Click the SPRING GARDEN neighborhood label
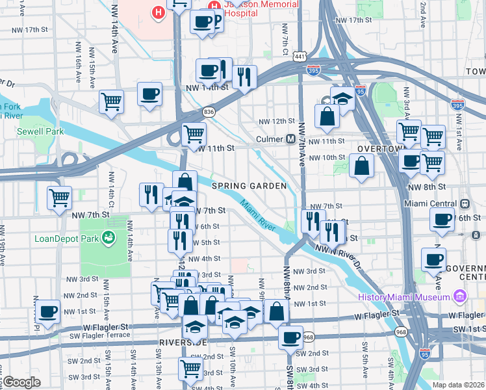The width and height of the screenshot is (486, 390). coord(249,186)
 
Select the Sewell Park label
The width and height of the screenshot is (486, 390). coord(41,131)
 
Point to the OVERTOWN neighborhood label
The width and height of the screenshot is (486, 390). coord(376,148)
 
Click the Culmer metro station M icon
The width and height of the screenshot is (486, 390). coord(292,139)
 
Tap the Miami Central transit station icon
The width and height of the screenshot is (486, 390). coord(465,203)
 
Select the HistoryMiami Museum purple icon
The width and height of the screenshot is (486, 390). coord(460,297)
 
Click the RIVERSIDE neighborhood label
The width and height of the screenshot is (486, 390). coord(183,342)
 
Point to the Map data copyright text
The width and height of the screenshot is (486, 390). coord(459,385)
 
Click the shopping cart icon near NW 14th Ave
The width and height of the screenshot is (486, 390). coord(111,101)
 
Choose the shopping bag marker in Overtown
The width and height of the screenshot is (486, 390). coord(361,165)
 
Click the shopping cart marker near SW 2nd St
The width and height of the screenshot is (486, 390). coord(190,369)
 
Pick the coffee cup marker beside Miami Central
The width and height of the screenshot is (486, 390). coord(442,221)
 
